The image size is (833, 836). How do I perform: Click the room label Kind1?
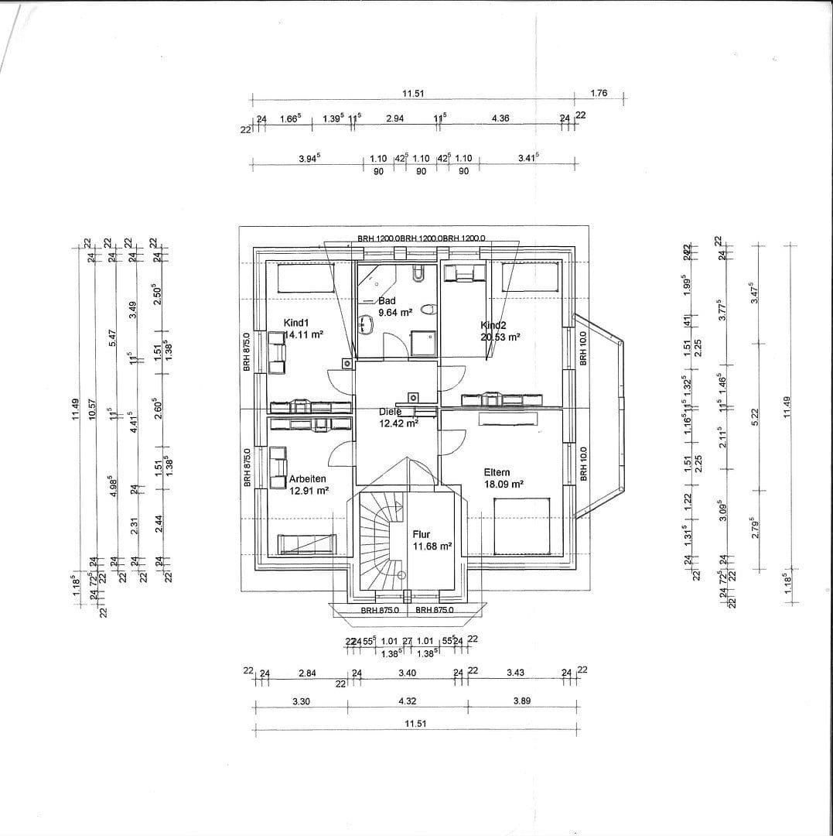pyautogui.click(x=297, y=322)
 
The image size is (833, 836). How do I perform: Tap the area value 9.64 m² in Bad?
pyautogui.click(x=394, y=313)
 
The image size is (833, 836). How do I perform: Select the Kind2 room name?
pyautogui.click(x=493, y=325)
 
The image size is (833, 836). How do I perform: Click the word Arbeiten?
pyautogui.click(x=308, y=478)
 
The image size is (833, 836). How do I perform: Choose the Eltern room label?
pyautogui.click(x=497, y=472)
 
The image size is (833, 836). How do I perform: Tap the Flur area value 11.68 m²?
pyautogui.click(x=432, y=546)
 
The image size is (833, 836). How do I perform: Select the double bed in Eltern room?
pyautogui.click(x=523, y=526)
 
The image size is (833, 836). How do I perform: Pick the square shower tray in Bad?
pyautogui.click(x=423, y=343)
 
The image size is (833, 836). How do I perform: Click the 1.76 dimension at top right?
pyautogui.click(x=599, y=93)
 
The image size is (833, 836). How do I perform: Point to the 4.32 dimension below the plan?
pyautogui.click(x=407, y=701)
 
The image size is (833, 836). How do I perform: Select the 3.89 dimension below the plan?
pyautogui.click(x=521, y=701)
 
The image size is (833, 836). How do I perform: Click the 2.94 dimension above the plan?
pyautogui.click(x=394, y=118)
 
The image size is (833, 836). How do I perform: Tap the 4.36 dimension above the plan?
pyautogui.click(x=500, y=118)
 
